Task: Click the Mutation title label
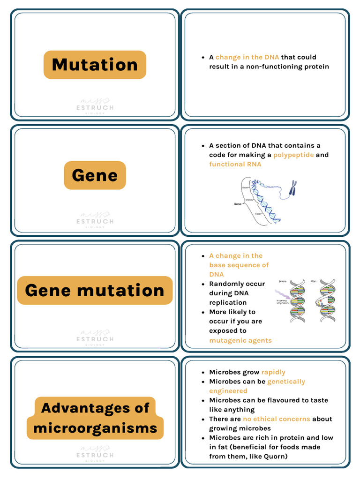pyautogui.click(x=95, y=65)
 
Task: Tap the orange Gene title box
pyautogui.click(x=95, y=175)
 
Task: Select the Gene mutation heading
pyautogui.click(x=95, y=290)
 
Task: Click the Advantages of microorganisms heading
pyautogui.click(x=95, y=418)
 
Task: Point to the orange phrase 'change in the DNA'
pyautogui.click(x=247, y=57)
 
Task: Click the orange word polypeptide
pyautogui.click(x=293, y=155)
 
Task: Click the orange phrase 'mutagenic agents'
pyautogui.click(x=240, y=340)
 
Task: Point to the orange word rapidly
pyautogui.click(x=273, y=372)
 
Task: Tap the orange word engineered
pyautogui.click(x=228, y=391)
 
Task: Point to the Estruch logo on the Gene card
pyautogui.click(x=95, y=219)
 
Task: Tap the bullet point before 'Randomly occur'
pyautogui.click(x=203, y=284)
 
